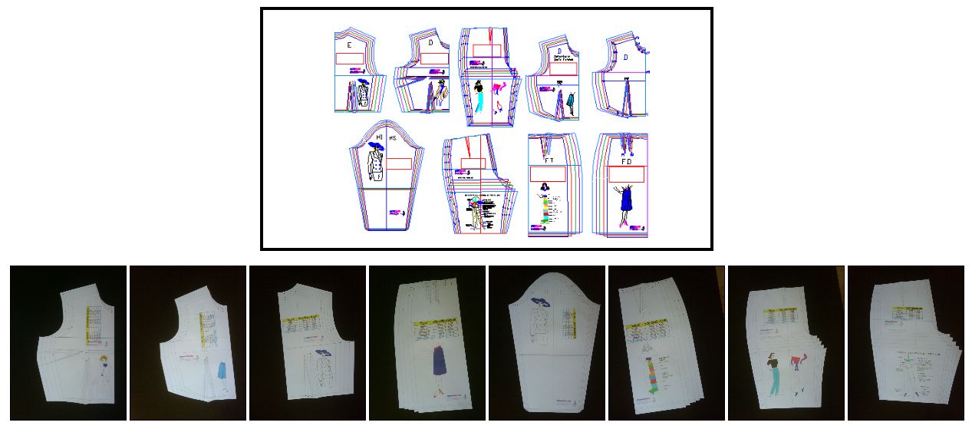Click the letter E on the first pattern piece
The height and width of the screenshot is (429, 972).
pos(349,45)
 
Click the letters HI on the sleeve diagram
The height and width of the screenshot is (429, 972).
pos(379,138)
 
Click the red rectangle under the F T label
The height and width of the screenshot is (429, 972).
pos(548,174)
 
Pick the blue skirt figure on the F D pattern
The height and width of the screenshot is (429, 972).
pos(625,200)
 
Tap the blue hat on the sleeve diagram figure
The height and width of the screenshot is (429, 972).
pos(376,144)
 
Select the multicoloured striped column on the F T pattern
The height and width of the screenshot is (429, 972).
pos(545,209)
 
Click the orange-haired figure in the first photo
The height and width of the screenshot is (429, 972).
pos(102,361)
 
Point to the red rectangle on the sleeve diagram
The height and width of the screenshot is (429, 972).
pos(398,163)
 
